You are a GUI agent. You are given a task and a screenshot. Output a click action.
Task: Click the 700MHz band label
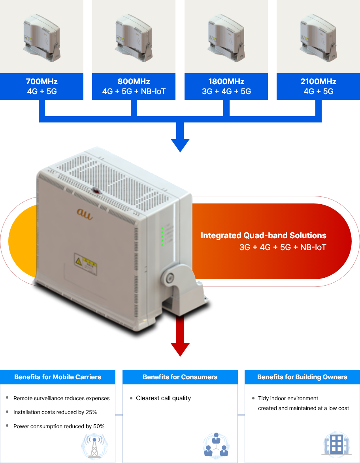click(41, 82)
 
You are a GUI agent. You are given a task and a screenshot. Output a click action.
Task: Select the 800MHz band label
click(134, 82)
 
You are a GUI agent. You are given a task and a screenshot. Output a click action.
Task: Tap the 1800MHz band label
click(226, 82)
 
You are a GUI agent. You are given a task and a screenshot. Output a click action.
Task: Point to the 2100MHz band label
click(319, 82)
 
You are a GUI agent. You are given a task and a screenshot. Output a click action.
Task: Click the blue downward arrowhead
click(180, 145)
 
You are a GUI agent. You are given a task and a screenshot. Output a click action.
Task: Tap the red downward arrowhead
click(180, 350)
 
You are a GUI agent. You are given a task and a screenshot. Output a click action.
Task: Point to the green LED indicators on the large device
click(162, 236)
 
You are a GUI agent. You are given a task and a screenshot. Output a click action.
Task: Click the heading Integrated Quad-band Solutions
click(264, 236)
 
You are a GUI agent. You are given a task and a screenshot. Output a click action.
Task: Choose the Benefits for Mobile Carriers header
click(58, 377)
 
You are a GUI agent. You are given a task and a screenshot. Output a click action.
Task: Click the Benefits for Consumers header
click(180, 377)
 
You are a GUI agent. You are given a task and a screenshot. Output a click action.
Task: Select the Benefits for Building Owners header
click(302, 377)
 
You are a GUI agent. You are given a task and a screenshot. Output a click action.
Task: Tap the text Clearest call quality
click(163, 398)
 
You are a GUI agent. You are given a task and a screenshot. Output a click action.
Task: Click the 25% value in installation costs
click(91, 412)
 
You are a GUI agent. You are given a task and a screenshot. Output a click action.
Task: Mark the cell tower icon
click(94, 446)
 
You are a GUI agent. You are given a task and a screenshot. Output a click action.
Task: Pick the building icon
click(336, 444)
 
